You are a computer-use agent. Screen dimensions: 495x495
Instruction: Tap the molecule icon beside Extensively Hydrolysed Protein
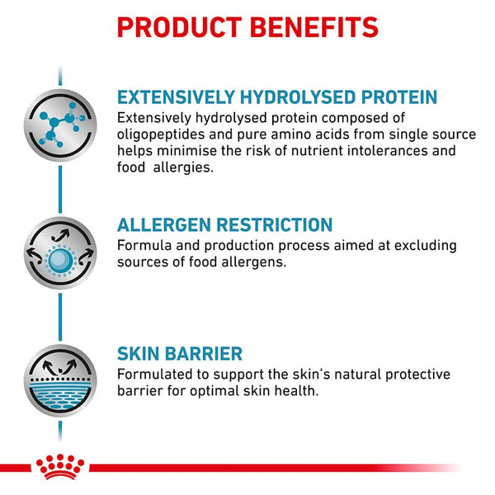pyautogui.click(x=59, y=121)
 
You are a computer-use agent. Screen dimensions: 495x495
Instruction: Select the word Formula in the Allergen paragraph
pyautogui.click(x=142, y=246)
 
